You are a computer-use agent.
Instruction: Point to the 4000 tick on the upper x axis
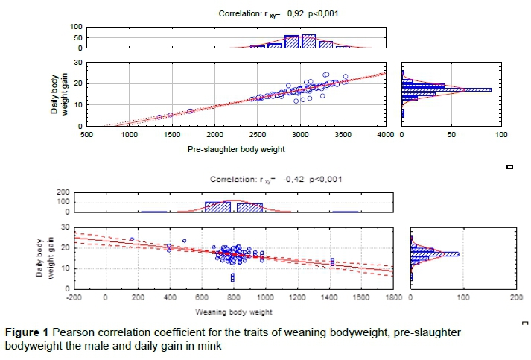pos(385,135)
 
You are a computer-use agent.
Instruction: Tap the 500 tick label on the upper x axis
pos(86,135)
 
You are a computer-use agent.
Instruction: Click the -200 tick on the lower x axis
pos(74,297)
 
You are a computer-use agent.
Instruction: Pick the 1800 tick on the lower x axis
pos(392,297)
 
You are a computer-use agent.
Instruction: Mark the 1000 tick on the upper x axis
pos(130,135)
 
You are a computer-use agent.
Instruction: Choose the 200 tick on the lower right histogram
pos(516,297)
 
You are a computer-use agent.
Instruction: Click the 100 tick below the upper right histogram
pos(501,135)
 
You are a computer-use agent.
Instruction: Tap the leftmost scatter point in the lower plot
pos(132,239)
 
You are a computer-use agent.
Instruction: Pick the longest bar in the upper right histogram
pos(446,89)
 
